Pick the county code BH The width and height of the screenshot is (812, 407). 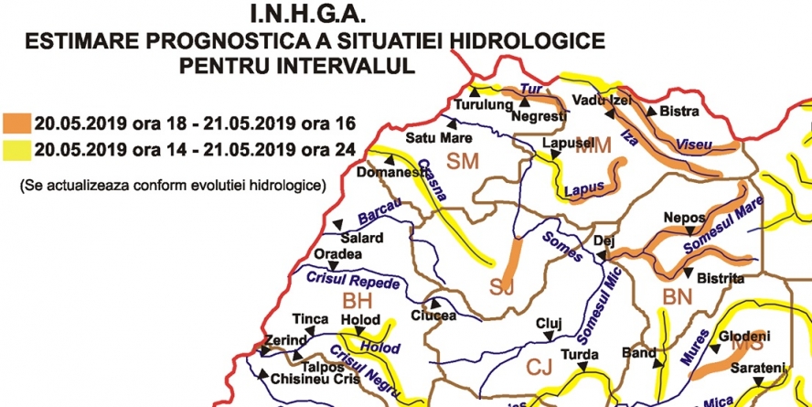click(x=359, y=301)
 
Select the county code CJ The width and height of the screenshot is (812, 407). click(x=540, y=368)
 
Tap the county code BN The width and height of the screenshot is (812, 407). click(x=678, y=296)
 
